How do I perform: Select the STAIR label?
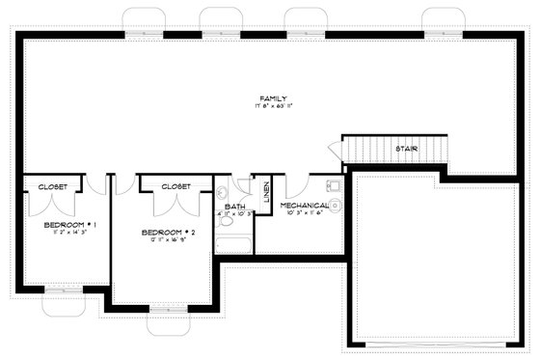[x=406, y=149]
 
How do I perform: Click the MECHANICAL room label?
[x=305, y=205]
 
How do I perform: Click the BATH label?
[x=235, y=206]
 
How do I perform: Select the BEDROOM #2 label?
[x=169, y=233]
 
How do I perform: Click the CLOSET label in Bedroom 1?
[x=52, y=186]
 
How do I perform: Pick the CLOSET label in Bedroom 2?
[x=175, y=186]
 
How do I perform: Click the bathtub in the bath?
[x=234, y=244]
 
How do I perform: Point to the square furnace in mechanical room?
[x=334, y=183]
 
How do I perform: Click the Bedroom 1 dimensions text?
[x=66, y=233]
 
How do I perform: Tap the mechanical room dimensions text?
[x=305, y=213]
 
